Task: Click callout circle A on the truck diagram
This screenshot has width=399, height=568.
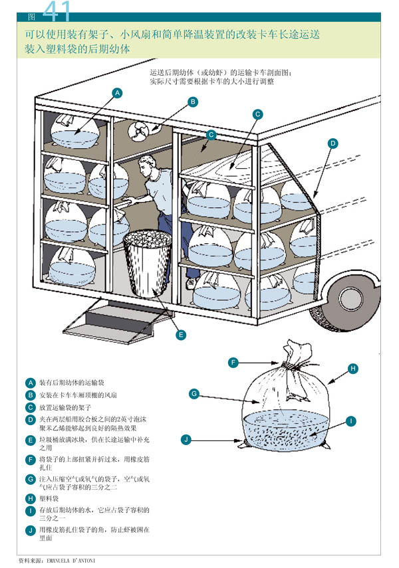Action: point(117,93)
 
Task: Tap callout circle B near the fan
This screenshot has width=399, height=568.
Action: point(192,102)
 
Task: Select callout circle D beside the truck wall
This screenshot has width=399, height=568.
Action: point(332,143)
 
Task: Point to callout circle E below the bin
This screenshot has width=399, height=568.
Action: point(180,335)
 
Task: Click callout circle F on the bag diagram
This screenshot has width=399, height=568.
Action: point(233,362)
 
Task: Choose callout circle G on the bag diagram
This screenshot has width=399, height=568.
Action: point(194,394)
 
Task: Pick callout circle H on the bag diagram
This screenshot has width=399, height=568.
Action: point(353,368)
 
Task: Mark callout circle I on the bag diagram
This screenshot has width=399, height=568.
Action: point(349,421)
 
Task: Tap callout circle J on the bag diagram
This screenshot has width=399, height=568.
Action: point(187,439)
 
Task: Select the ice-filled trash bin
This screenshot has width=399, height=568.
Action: point(148,263)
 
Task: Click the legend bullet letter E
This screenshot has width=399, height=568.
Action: point(30,440)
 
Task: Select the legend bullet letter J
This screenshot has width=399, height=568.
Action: point(30,529)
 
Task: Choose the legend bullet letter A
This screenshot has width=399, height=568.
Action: point(30,383)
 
